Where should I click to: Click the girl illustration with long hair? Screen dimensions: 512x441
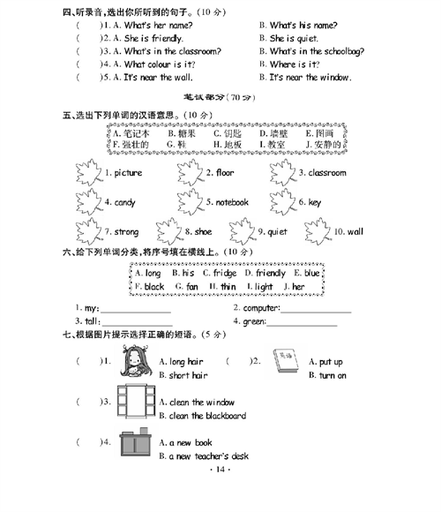[136, 364]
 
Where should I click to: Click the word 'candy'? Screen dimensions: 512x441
[124, 202]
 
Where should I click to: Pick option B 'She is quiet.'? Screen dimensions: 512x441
[295, 39]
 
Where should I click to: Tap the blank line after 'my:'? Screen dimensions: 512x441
[136, 311]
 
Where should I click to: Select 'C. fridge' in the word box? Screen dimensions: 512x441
[219, 274]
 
